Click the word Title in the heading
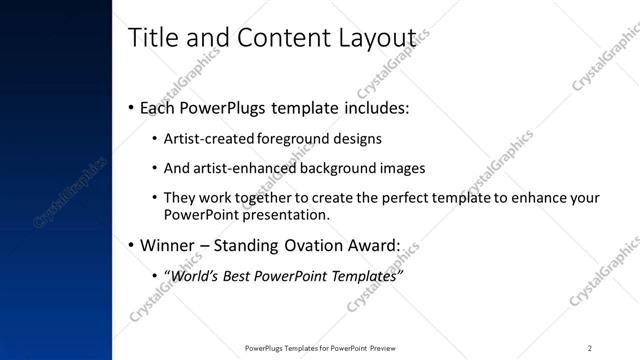(152, 37)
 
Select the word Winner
(167, 243)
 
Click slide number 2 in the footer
(590, 348)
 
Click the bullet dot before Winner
(132, 244)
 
